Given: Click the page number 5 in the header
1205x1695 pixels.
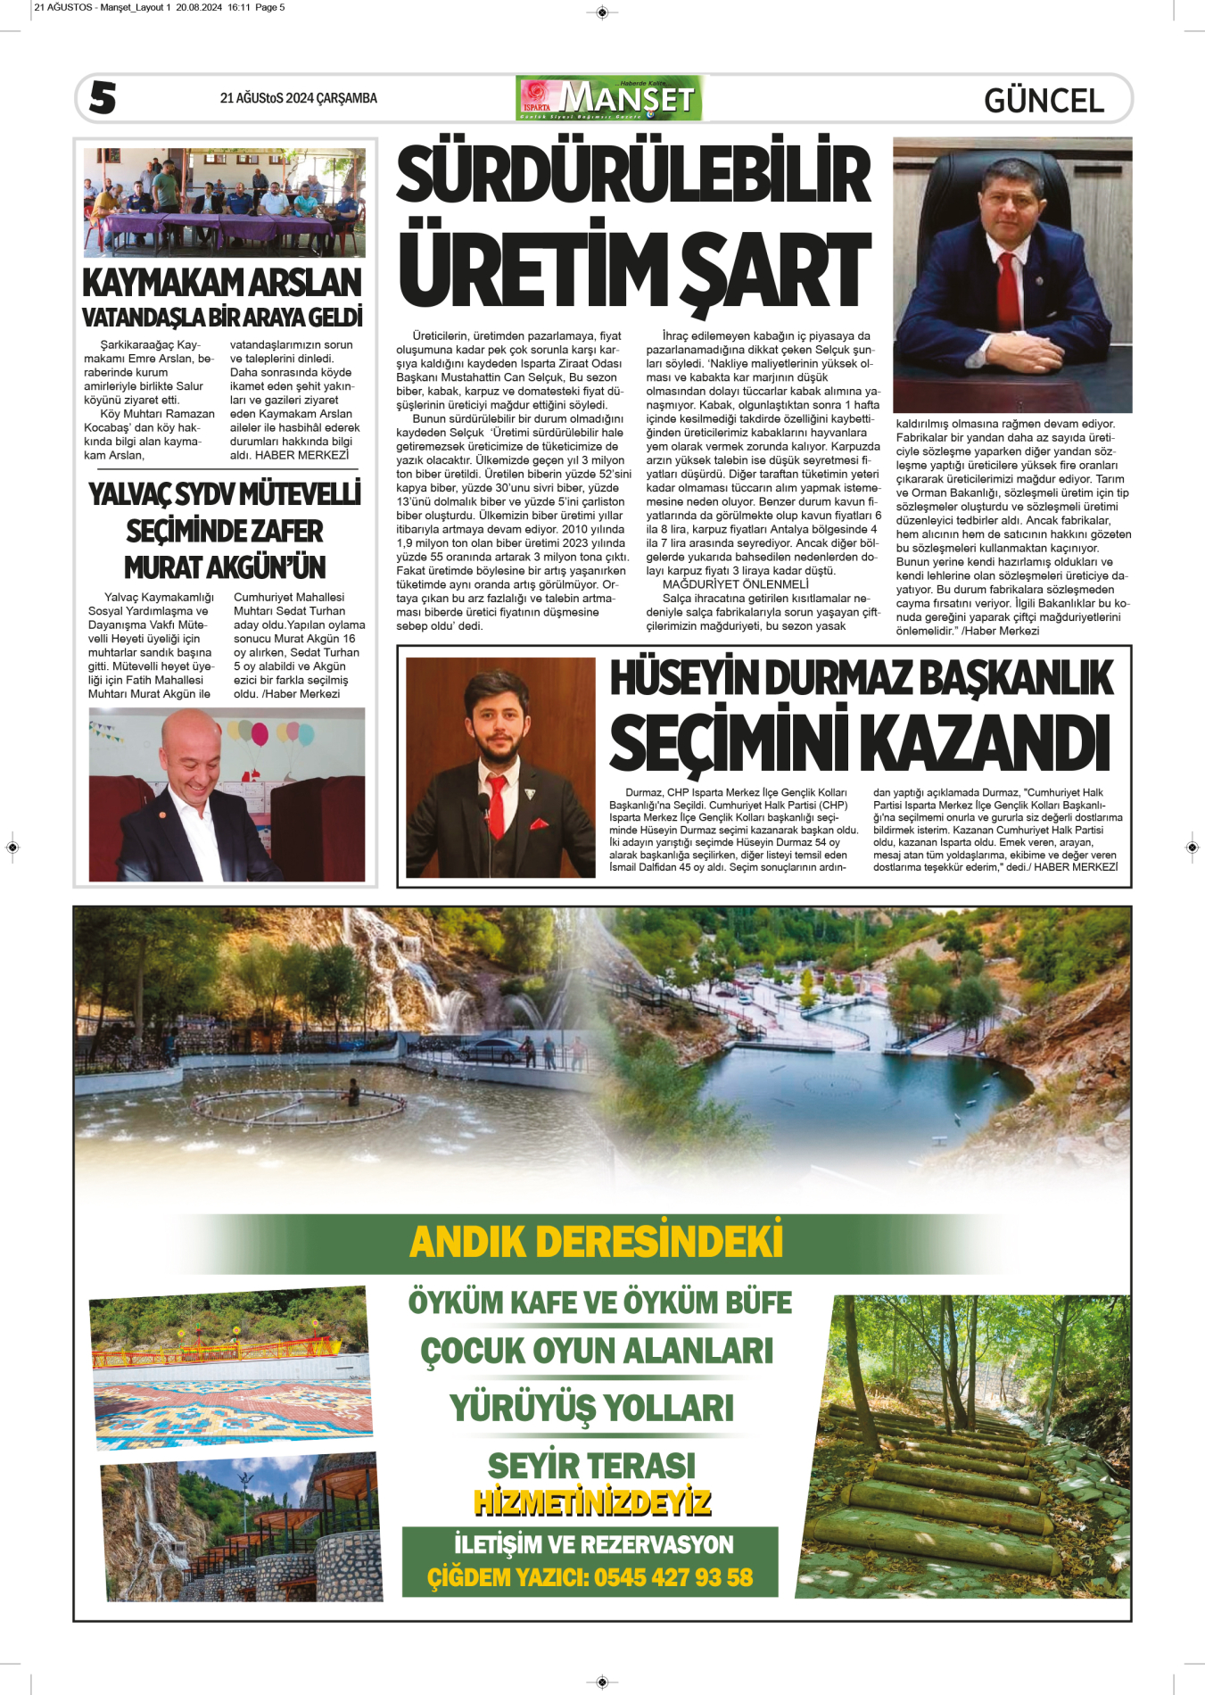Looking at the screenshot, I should (103, 97).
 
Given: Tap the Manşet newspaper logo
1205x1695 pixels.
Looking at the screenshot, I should (609, 98).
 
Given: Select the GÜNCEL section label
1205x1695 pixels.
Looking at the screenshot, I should (1044, 100).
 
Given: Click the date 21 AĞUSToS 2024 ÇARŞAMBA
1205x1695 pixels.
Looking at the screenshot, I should (298, 98).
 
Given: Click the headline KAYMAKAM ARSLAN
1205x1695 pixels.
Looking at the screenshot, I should (221, 283).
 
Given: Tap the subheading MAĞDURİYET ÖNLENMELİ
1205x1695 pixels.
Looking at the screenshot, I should (735, 584).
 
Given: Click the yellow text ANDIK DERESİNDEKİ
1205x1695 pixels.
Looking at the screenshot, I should (596, 1242).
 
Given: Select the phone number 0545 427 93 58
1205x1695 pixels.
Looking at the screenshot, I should (673, 1577).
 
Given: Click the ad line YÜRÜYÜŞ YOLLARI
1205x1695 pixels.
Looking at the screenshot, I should (591, 1408).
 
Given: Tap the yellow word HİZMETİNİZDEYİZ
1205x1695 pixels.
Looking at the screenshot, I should (592, 1502).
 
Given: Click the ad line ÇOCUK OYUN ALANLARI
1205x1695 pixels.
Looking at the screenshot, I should (597, 1351).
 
